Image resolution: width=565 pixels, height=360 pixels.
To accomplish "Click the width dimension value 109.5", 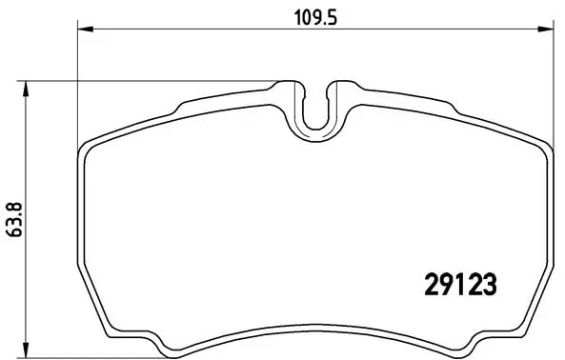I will point(313,15).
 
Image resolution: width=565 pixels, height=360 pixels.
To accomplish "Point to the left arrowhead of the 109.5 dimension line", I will point(81,33).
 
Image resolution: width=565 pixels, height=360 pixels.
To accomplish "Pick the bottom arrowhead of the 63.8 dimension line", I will point(26,345).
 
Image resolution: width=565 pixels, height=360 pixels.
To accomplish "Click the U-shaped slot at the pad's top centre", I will point(317,110).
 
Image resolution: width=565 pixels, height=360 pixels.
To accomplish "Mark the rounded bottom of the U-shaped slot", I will point(317,129).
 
